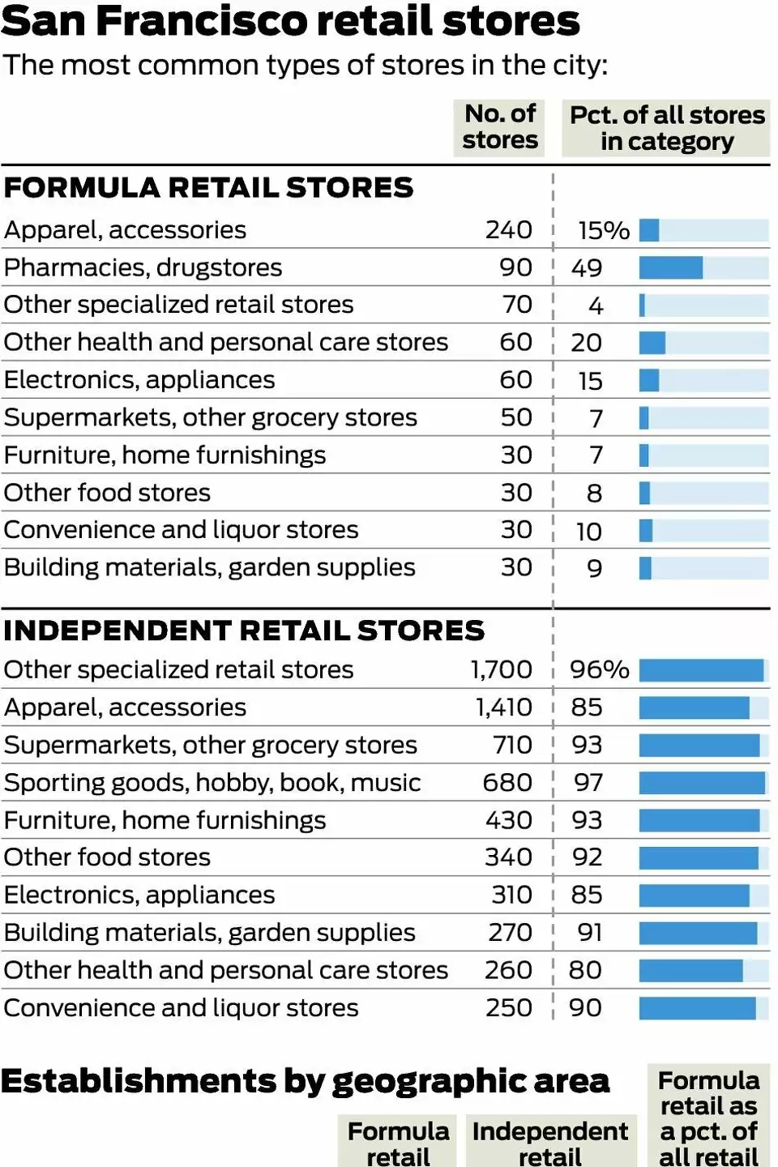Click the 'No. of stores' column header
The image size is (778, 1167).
[x=499, y=127]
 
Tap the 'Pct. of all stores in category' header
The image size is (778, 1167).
[x=666, y=128]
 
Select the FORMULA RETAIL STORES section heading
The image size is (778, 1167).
[x=208, y=188]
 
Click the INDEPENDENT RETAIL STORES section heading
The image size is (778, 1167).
[x=244, y=631]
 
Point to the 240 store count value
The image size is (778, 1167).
[x=508, y=230]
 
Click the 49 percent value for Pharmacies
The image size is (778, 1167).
[x=587, y=268]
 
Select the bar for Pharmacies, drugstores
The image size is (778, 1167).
[x=670, y=268]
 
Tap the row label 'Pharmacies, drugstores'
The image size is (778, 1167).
[x=143, y=268]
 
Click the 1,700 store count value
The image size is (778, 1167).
[x=501, y=669]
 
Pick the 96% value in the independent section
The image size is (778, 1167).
[x=599, y=669]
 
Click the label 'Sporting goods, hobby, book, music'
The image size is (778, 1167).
[x=212, y=783]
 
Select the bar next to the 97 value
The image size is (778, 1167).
[x=702, y=783]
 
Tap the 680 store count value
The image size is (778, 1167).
[x=507, y=783]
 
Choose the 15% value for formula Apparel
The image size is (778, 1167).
[x=603, y=231]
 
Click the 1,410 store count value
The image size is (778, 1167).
[x=503, y=707]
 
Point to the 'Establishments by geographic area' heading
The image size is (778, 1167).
[x=305, y=1081]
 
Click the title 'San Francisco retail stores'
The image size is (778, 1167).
[x=290, y=21]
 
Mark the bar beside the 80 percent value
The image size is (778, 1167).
[x=690, y=970]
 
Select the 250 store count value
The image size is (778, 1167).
[x=508, y=1008]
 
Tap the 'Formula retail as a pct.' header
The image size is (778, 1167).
[x=709, y=1118]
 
